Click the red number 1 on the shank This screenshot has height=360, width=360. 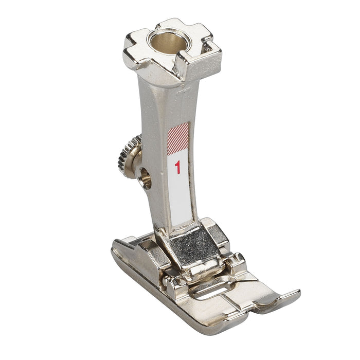(177, 167)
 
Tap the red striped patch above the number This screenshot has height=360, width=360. (178, 139)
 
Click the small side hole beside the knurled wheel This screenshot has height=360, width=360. (146, 178)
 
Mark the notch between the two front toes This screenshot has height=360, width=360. (252, 308)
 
